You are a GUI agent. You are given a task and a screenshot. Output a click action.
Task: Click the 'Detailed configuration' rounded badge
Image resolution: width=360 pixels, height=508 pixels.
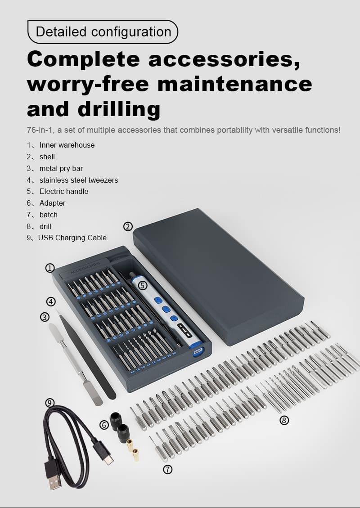(103, 32)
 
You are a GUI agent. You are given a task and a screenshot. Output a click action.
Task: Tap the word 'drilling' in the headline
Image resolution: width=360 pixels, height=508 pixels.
(119, 109)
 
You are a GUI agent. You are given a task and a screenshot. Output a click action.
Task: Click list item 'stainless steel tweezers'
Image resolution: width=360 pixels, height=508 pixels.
(79, 180)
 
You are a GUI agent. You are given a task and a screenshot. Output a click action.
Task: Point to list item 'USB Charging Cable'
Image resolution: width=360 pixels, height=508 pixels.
(72, 238)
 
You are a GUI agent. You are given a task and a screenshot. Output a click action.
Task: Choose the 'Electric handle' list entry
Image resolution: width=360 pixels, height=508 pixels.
(64, 191)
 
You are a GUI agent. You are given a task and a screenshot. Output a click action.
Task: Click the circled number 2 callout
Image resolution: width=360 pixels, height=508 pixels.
(128, 226)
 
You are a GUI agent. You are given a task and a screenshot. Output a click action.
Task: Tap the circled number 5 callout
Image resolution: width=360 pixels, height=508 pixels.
(143, 285)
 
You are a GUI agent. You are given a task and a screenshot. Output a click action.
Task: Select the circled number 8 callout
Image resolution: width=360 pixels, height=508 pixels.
(284, 420)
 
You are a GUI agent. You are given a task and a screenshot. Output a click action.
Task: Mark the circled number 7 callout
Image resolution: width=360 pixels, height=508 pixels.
(167, 469)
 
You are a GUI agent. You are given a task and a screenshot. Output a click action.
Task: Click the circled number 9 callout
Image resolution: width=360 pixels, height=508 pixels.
(49, 403)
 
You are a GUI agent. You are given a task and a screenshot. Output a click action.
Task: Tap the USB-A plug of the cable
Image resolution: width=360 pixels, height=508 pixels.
(54, 476)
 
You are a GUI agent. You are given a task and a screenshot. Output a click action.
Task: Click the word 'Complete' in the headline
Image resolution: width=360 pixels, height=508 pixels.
(84, 60)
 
